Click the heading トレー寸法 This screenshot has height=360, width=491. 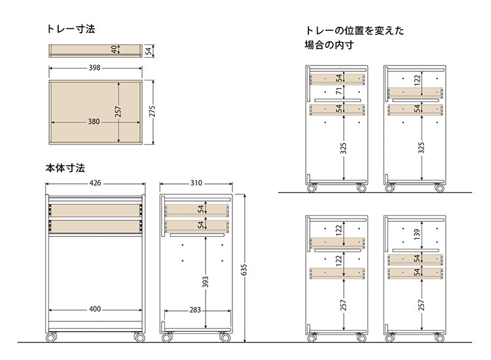point(71,29)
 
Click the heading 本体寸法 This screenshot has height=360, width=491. point(65,168)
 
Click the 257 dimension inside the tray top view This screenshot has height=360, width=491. point(118,112)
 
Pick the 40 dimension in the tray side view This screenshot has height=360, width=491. point(114,50)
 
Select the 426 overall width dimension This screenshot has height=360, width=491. point(96,183)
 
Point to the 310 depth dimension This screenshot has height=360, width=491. point(196,183)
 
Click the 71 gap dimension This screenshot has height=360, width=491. point(339,91)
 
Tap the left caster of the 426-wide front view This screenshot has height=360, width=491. point(51,338)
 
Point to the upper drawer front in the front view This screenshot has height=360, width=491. point(96,210)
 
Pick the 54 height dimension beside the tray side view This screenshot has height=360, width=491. point(149,50)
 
